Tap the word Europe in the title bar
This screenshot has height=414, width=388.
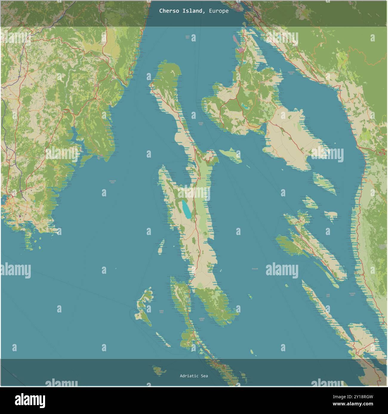(219, 11)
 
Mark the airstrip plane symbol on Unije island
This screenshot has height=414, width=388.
(138, 315)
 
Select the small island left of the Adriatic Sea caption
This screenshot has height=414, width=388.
(160, 371)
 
